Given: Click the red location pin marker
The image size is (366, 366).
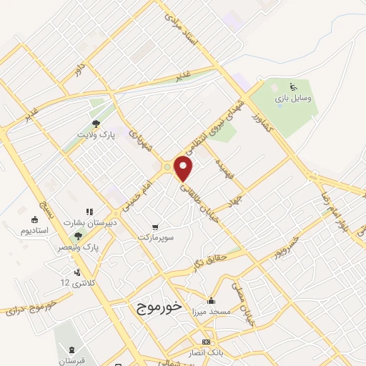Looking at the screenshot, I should point(184,169).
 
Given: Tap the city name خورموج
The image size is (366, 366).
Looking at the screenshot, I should point(158,306).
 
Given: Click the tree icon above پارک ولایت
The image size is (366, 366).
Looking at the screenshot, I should point(95,122).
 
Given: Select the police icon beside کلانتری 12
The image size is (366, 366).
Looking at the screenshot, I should point(76,271).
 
